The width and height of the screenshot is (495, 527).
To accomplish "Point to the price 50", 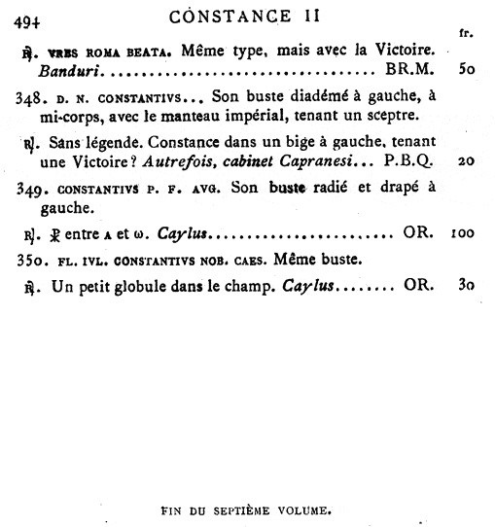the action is click(x=464, y=71).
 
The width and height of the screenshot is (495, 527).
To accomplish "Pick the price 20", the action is click(x=465, y=160).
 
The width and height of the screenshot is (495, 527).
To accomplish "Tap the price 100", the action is click(x=462, y=234).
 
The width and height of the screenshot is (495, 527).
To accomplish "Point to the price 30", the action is click(x=465, y=287).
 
